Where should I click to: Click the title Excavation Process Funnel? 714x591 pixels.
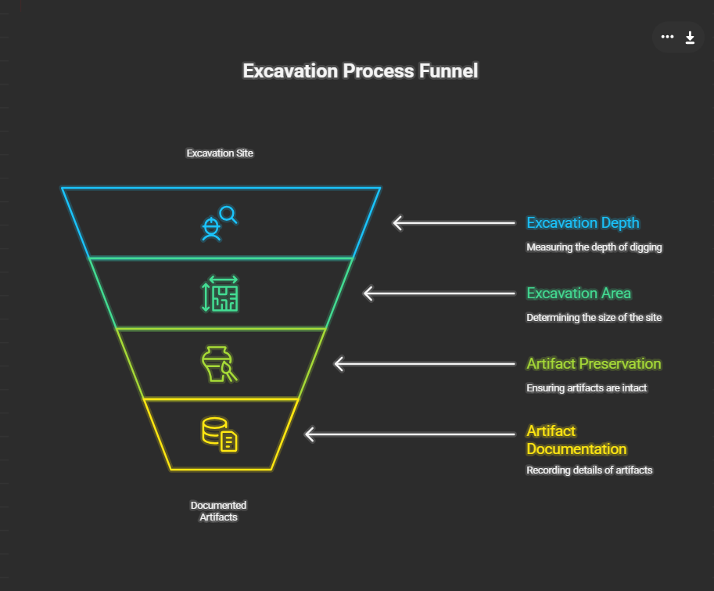point(360,71)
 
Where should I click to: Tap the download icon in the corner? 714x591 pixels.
point(690,37)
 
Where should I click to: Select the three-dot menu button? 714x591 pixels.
point(667,37)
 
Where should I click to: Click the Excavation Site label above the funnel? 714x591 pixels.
point(220,153)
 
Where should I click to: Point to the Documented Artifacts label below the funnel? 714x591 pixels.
point(219,511)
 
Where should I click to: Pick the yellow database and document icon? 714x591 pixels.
point(220,434)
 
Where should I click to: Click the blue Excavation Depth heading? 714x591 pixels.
point(583,223)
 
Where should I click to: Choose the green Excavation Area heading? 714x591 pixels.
point(579,294)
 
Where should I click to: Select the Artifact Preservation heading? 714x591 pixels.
point(594,364)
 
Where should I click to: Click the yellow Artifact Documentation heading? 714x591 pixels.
point(576,440)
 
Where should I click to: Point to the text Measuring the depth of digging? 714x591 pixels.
point(594,247)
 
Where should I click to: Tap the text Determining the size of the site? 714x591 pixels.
point(594,318)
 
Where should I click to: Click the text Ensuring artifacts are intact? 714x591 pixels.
point(587,388)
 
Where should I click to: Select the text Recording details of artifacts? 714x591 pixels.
point(589,470)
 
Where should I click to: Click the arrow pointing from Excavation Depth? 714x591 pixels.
point(454,223)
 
